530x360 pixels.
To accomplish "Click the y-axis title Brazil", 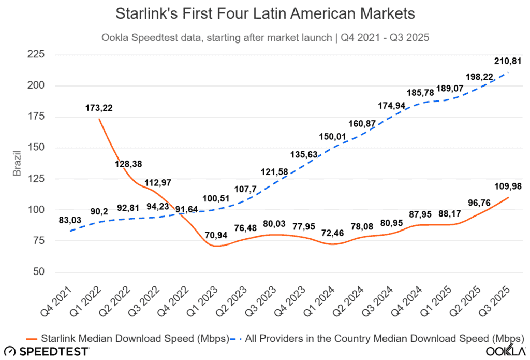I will tap(17, 164).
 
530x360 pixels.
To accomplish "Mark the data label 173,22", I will tap(98, 108).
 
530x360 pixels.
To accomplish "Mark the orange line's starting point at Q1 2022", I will tap(98, 119).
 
